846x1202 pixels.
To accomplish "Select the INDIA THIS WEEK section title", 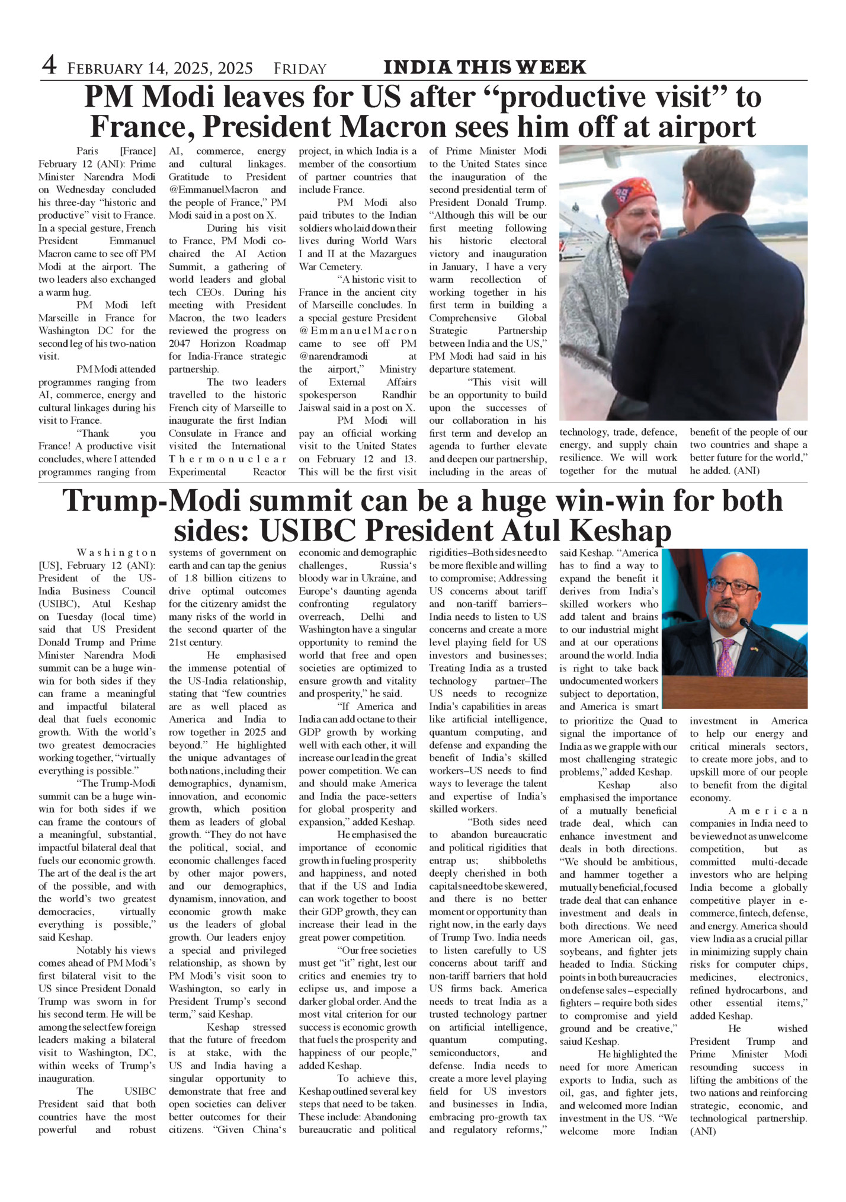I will (485, 68).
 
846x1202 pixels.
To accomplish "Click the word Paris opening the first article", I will (88, 151).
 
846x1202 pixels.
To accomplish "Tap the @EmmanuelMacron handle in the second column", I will (214, 190).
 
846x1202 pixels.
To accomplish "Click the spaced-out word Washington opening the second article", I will (117, 553).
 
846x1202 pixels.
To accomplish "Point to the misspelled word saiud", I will (573, 1041).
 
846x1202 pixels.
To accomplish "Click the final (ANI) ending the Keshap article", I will (703, 1131).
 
